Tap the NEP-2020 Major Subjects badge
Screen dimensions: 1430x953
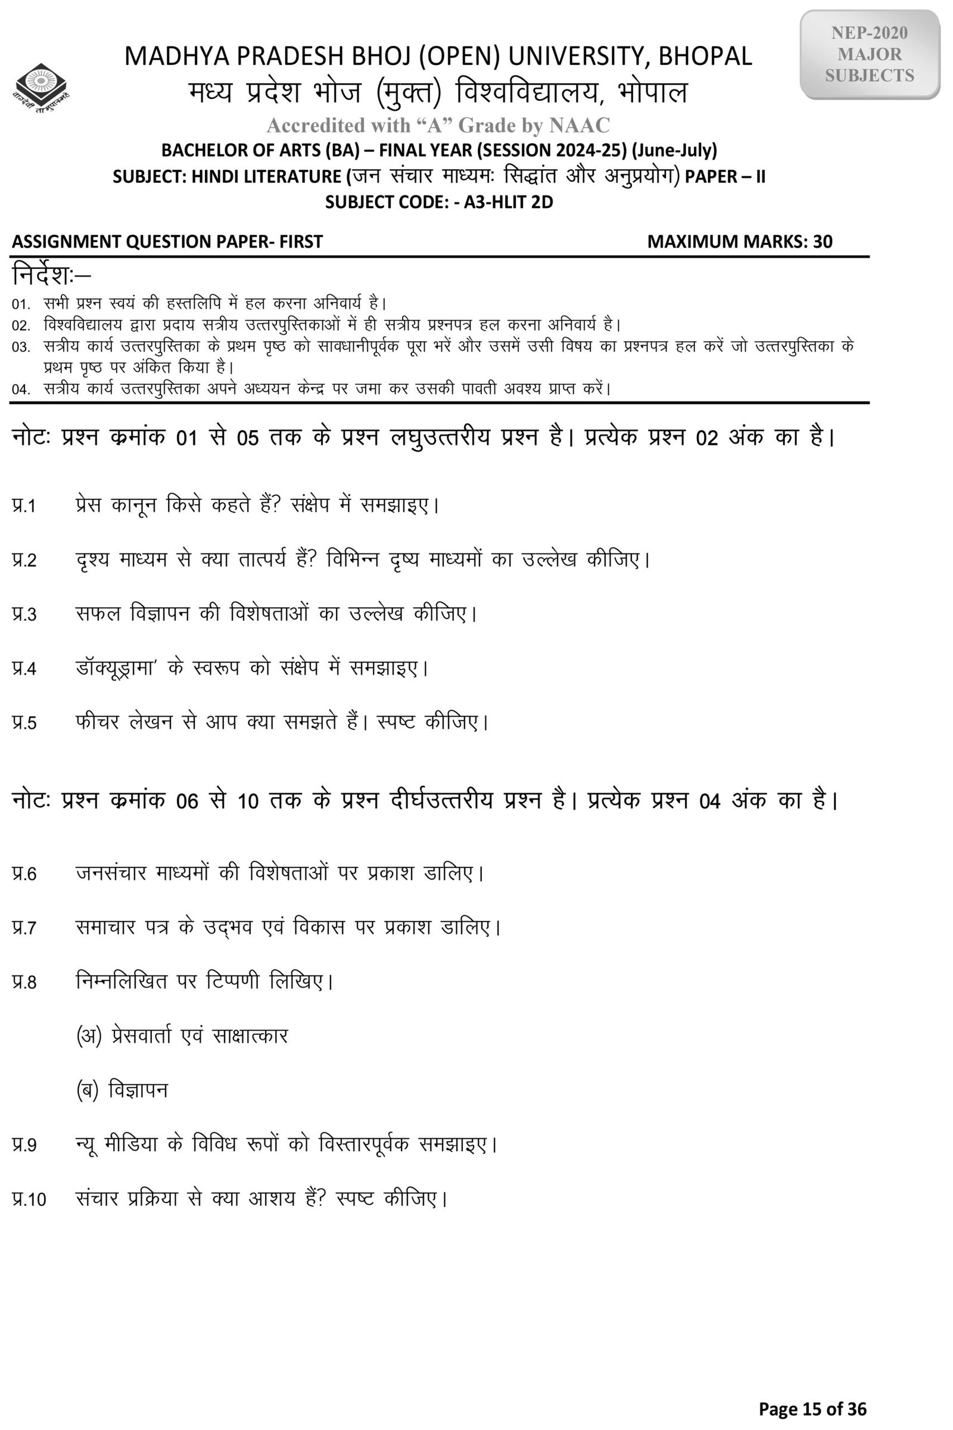(869, 55)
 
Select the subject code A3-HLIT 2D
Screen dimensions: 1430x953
(508, 202)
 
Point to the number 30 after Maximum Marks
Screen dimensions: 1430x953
(823, 241)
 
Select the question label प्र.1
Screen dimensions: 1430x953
(24, 506)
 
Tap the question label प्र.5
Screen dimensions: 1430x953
(24, 723)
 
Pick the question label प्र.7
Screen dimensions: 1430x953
(24, 928)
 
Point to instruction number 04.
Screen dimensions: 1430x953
(20, 389)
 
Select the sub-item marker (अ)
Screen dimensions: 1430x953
(89, 1036)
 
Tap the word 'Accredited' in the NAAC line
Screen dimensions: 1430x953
(315, 125)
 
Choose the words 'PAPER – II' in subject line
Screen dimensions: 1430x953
(724, 176)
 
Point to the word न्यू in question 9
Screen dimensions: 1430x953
(86, 1144)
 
